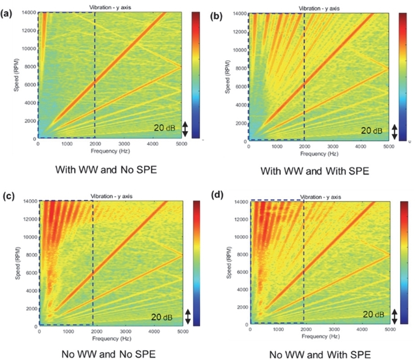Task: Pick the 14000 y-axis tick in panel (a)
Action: click(x=28, y=12)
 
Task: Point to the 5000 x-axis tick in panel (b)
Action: click(x=388, y=147)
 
